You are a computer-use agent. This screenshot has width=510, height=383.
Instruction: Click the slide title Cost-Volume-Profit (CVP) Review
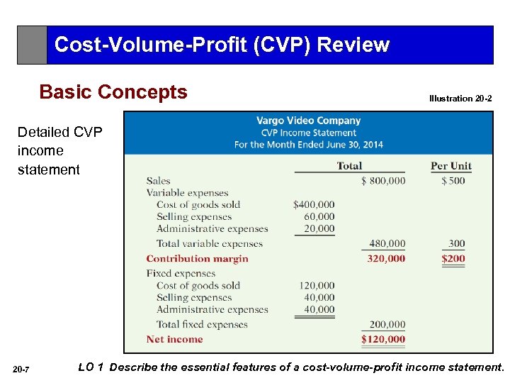tap(222, 45)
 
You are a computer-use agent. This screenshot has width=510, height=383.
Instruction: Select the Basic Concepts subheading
tap(113, 92)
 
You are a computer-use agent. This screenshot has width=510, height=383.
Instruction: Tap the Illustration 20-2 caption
tap(460, 99)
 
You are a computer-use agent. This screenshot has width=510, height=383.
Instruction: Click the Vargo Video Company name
tap(308, 121)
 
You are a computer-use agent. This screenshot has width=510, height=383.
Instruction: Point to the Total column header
tap(349, 166)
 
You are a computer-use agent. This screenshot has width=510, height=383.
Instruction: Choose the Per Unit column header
tap(450, 166)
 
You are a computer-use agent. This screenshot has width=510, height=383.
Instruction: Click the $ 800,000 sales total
tap(383, 181)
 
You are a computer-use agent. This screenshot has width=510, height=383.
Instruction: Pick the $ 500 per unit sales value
tap(453, 181)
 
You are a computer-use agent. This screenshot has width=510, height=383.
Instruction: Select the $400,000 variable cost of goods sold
tap(314, 205)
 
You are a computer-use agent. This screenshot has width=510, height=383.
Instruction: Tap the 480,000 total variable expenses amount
tap(387, 244)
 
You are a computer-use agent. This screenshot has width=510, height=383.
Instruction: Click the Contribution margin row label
tap(197, 259)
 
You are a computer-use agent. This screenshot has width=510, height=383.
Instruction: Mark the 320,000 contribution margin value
tap(386, 259)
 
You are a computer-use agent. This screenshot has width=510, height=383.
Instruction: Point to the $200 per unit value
tap(453, 259)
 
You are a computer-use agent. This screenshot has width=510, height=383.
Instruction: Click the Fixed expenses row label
tap(181, 274)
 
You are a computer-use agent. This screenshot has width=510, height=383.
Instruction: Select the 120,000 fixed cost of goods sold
tap(317, 286)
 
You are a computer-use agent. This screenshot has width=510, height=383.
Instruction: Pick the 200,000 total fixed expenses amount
tap(387, 325)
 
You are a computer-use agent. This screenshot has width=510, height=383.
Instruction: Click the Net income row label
tap(174, 340)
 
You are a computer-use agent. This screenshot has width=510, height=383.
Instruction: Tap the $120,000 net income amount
tap(383, 340)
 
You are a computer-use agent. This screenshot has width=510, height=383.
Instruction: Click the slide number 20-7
tap(21, 369)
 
